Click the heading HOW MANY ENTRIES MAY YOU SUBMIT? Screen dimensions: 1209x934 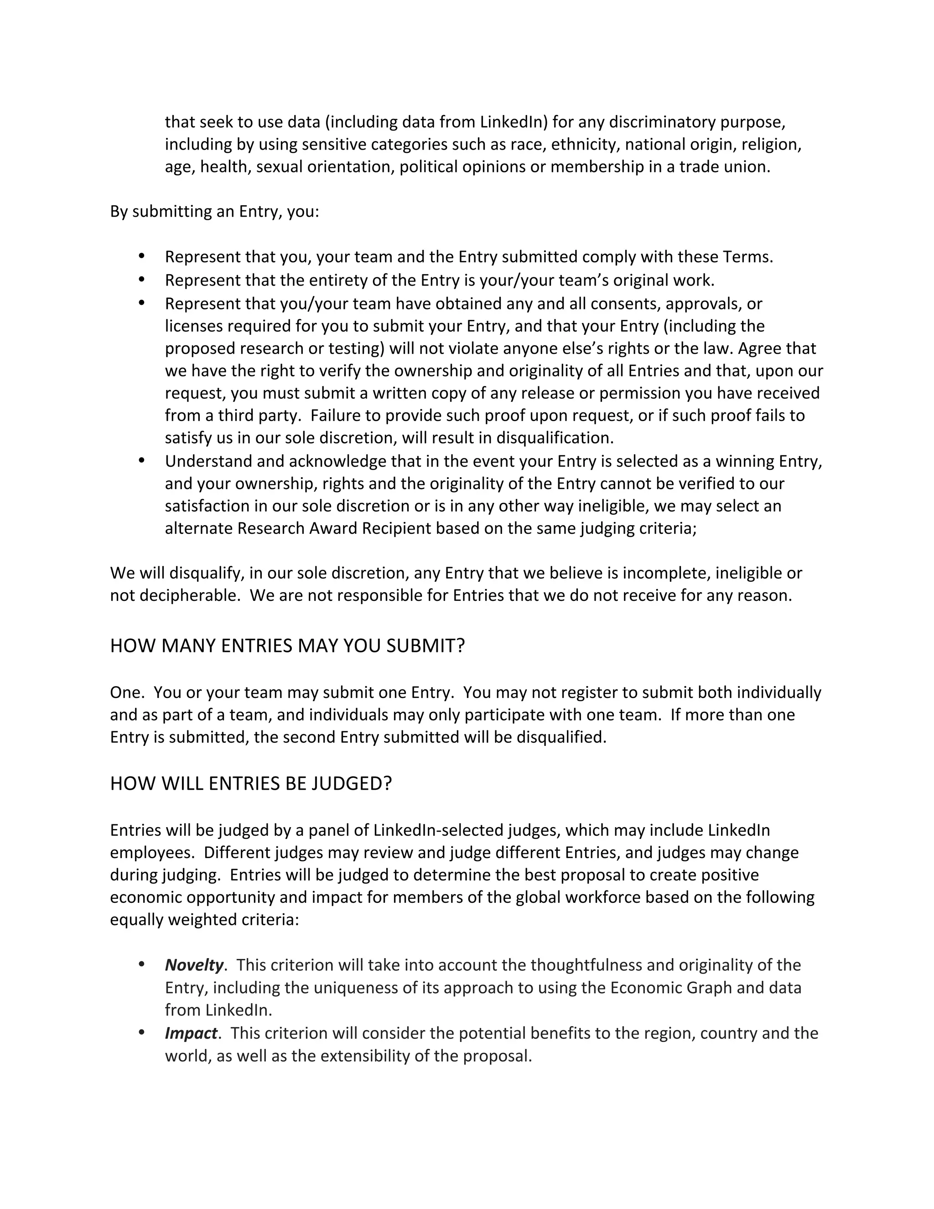[287, 646]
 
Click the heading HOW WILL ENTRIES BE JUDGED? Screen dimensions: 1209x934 [251, 784]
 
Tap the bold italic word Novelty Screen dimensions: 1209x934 [194, 965]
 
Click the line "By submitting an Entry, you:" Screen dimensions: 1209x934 [214, 212]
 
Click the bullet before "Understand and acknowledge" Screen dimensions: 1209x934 [142, 460]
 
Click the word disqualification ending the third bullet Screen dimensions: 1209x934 [555, 438]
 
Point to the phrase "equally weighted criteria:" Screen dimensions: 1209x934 [204, 919]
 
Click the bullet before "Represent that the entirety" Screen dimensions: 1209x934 [142, 280]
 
